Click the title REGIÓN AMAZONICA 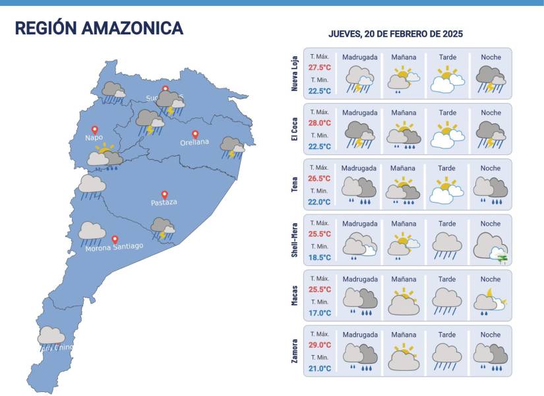[99, 28]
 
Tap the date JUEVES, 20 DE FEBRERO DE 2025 [395, 34]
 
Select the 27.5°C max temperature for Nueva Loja [319, 67]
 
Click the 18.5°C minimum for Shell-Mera [319, 257]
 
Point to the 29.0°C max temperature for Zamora [319, 345]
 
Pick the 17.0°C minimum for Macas [319, 313]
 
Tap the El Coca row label [294, 129]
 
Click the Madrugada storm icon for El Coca [359, 135]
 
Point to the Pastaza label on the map [164, 203]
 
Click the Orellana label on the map [195, 143]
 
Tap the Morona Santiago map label [114, 247]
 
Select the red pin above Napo [94, 130]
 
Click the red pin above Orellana [195, 134]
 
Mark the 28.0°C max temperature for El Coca [319, 123]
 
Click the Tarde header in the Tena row [447, 168]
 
